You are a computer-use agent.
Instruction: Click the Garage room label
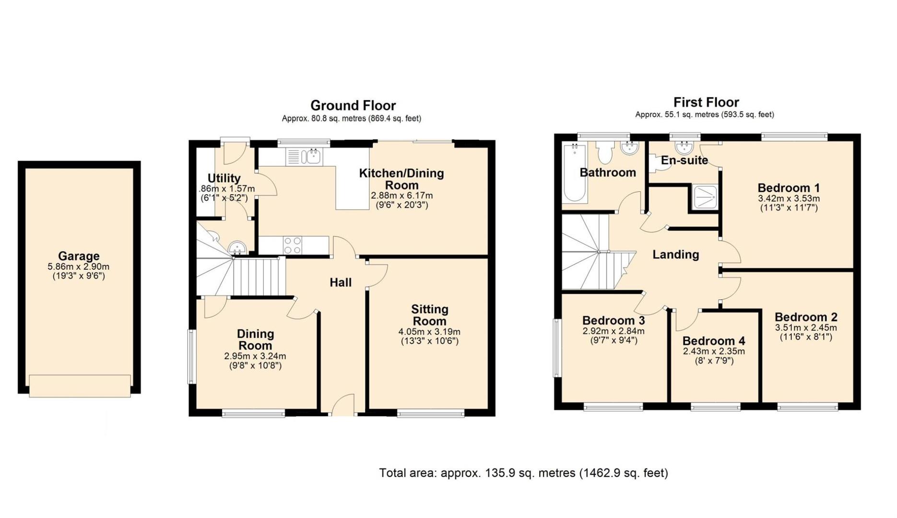[x=79, y=256]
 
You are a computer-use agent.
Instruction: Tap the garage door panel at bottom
[x=80, y=386]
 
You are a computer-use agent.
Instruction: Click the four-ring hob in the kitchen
[x=293, y=246]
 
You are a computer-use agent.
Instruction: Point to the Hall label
[x=341, y=283]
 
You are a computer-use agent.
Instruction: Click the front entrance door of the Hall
[x=342, y=406]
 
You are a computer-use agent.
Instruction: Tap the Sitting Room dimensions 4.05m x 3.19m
[x=429, y=332]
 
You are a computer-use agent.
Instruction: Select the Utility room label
[x=224, y=178]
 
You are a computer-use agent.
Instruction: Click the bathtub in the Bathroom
[x=575, y=173]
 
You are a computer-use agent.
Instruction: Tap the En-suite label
[x=684, y=160]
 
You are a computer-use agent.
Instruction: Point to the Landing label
[x=675, y=255]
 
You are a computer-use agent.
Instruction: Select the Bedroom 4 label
[x=714, y=341]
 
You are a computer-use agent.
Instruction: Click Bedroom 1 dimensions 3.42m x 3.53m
[x=789, y=199]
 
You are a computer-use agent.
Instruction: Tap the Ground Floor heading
[x=353, y=106]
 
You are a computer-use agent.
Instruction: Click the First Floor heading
[x=706, y=102]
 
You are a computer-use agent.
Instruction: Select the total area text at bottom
[x=523, y=473]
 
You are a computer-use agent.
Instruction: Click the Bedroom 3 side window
[x=557, y=348]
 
